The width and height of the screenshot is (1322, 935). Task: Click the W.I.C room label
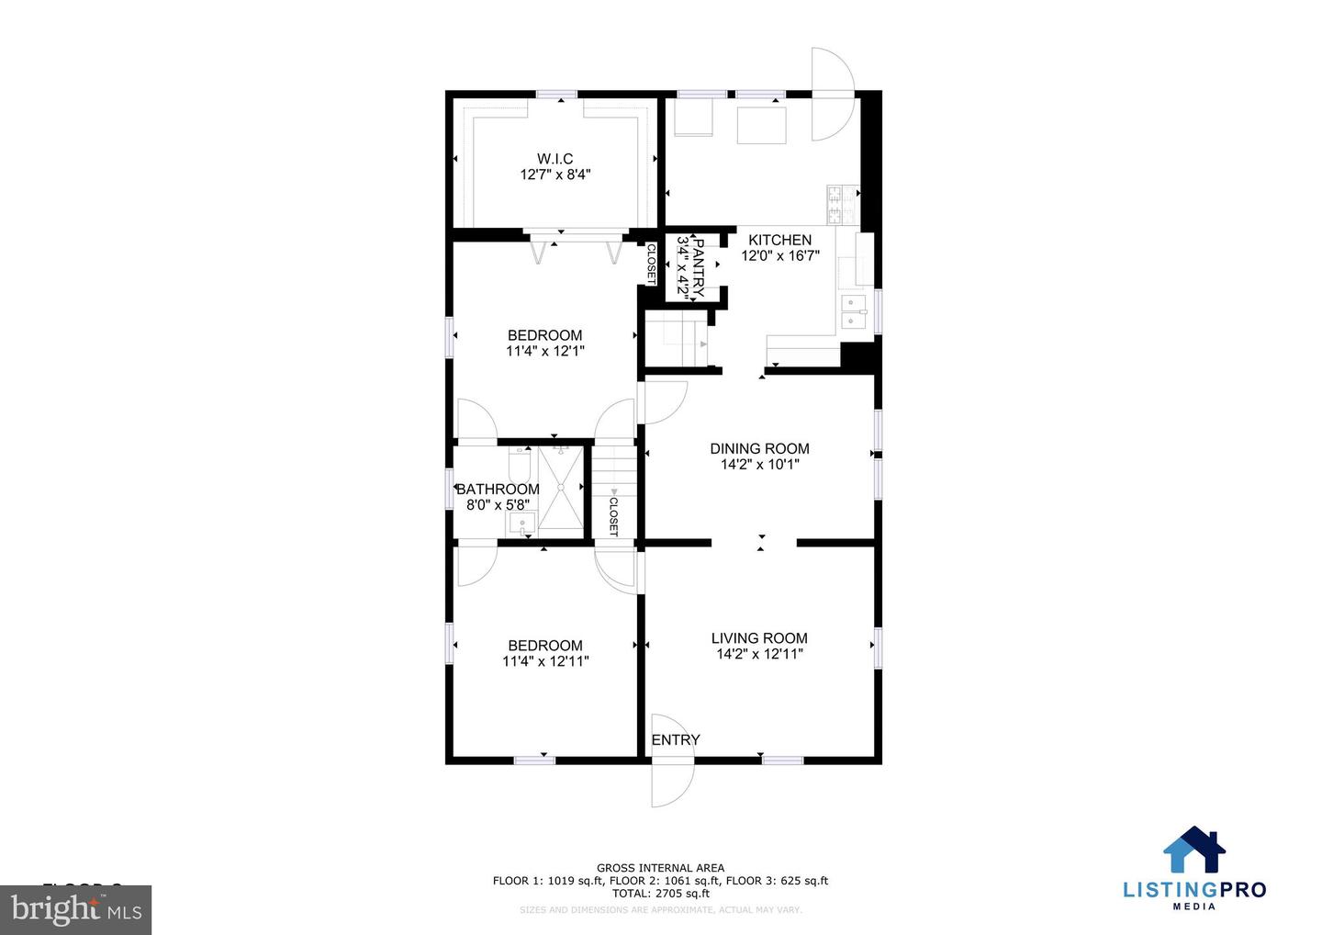click(x=555, y=159)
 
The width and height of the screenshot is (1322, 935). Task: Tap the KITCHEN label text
click(x=779, y=241)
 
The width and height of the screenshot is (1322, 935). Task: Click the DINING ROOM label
click(x=759, y=449)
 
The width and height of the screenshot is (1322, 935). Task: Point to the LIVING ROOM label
click(x=759, y=638)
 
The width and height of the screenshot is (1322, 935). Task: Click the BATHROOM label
click(x=498, y=490)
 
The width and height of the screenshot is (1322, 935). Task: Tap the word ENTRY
click(x=676, y=740)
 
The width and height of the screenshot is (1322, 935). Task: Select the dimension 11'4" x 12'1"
click(x=545, y=351)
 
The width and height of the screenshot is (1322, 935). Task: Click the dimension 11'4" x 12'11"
click(x=545, y=661)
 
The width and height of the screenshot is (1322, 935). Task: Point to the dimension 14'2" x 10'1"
click(x=759, y=465)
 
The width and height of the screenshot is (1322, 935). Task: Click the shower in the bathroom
click(x=560, y=489)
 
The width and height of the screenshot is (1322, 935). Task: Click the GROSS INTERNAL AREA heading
click(x=660, y=868)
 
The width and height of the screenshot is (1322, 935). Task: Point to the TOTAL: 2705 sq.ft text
click(x=660, y=893)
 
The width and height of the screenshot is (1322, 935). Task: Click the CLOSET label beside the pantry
click(x=651, y=263)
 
